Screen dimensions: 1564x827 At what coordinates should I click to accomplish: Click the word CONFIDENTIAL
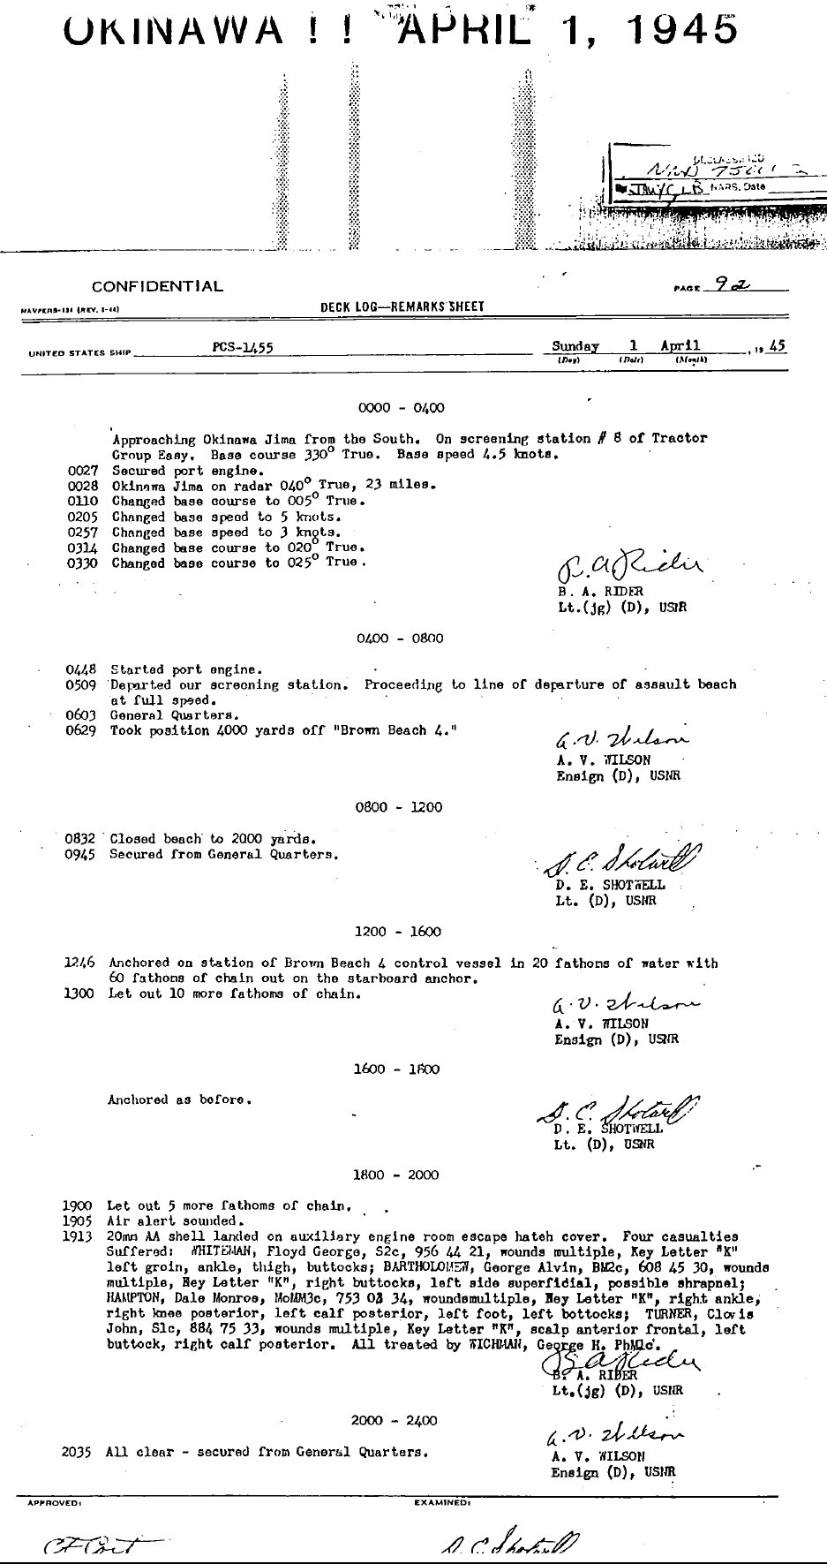(x=157, y=286)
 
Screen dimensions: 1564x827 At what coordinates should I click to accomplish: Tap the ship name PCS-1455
(x=243, y=348)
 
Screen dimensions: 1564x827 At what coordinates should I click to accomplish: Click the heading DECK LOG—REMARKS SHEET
(x=402, y=306)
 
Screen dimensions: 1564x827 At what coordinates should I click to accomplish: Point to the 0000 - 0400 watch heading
(x=401, y=408)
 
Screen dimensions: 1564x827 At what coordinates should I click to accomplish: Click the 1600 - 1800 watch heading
(x=396, y=1069)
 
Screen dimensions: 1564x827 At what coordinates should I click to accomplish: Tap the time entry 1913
(x=78, y=1236)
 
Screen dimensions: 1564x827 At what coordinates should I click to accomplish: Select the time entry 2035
(x=78, y=1451)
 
